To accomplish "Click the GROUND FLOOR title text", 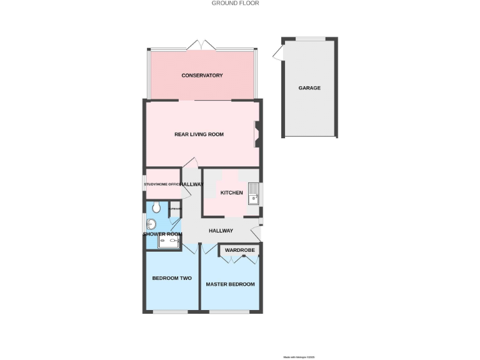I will [235, 3].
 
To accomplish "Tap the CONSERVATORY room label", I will [202, 76].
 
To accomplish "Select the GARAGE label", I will [309, 88].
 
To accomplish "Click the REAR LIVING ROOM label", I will [199, 134].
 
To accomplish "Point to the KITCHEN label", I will [231, 193].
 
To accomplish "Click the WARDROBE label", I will [240, 250].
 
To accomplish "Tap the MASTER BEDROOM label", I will [231, 284].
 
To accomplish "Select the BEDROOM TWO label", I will [172, 278].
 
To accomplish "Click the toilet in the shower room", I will [156, 207].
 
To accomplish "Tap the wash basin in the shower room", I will [151, 224].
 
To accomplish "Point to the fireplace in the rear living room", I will [257, 134].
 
